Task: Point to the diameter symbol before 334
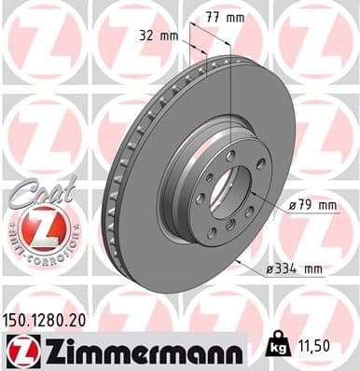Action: tap(267, 269)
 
